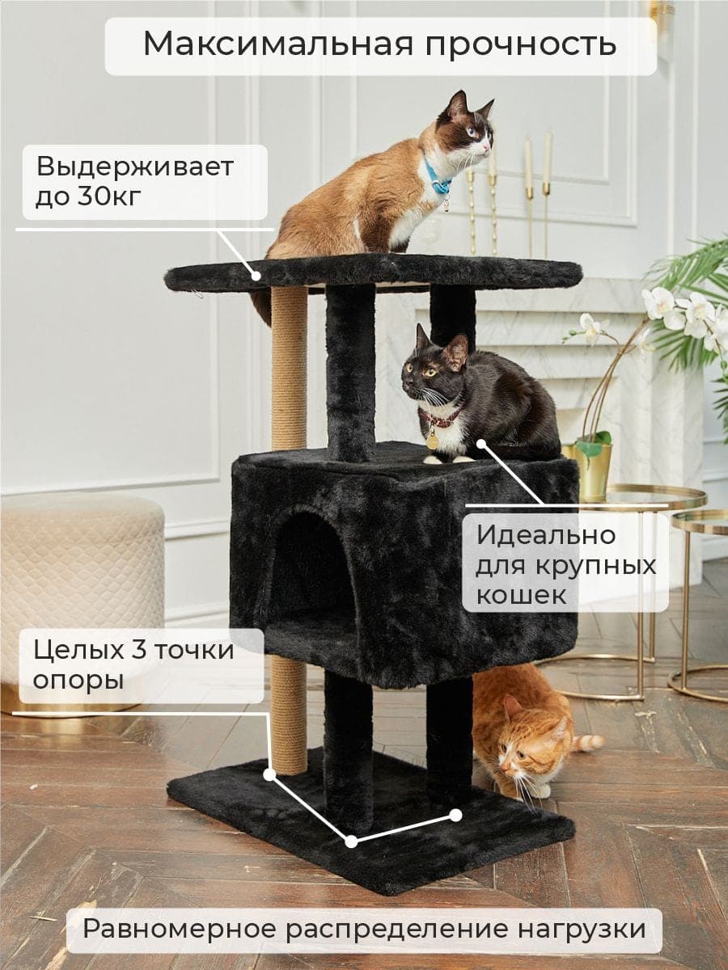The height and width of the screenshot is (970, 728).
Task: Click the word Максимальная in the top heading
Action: (x=278, y=44)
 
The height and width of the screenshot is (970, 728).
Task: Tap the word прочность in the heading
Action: (x=521, y=46)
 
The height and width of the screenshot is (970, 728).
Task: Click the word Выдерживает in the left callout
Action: (x=135, y=167)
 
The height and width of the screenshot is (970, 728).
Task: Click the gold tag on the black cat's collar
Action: (x=432, y=442)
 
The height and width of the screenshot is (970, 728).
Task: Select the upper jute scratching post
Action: (x=290, y=367)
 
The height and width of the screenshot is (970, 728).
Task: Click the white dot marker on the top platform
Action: (x=256, y=276)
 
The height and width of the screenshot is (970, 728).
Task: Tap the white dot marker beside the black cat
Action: (x=481, y=442)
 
